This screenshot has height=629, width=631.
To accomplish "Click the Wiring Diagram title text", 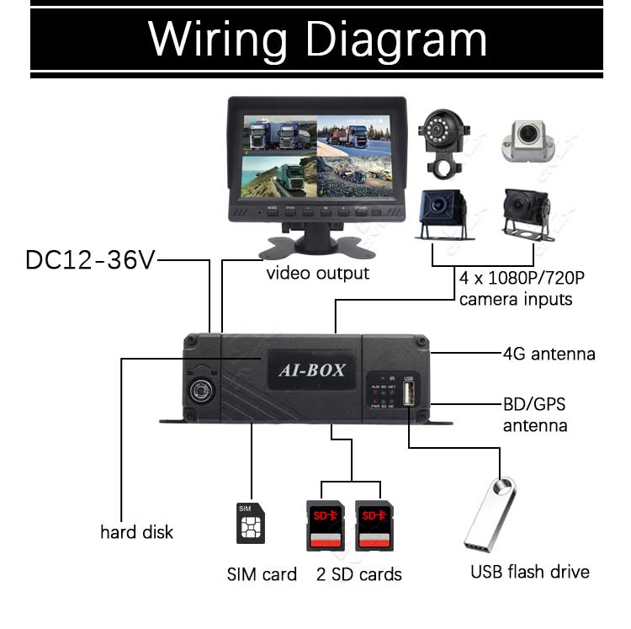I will tap(317, 38).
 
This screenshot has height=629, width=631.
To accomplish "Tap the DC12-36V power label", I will tap(90, 259).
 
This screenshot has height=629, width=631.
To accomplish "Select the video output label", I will tap(318, 274).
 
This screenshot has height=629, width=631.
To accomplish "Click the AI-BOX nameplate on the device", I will tap(311, 370).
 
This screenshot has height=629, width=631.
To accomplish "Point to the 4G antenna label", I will tap(549, 354).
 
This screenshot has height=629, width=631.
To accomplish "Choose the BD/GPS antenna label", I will tap(535, 415).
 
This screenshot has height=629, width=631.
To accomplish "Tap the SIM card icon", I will tap(250, 523).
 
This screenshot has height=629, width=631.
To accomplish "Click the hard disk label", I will tap(136, 532).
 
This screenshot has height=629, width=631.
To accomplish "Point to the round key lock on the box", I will tap(202, 389).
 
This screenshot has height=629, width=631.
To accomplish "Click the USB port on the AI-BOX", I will tap(409, 396).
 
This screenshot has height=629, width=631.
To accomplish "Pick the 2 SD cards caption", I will tap(359, 575).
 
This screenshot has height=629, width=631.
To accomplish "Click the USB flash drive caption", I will tap(530, 573).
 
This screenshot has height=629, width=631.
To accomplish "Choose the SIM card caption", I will tap(262, 575).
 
